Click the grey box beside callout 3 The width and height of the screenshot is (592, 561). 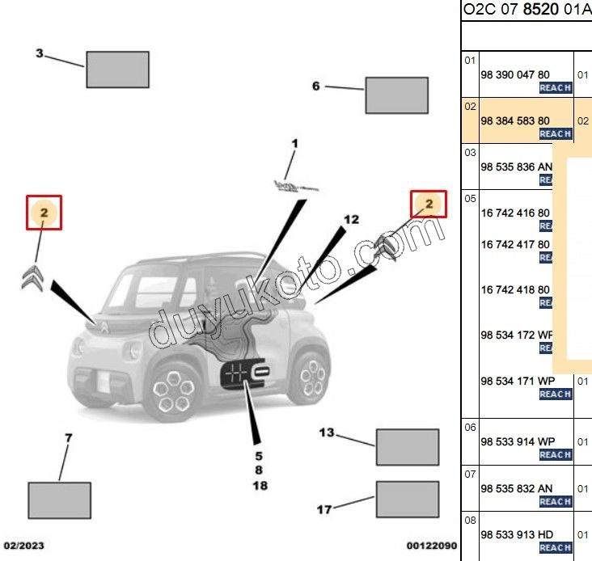pyautogui.click(x=117, y=70)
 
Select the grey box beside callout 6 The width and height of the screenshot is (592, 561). pyautogui.click(x=396, y=95)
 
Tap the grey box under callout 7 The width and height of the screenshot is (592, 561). pyautogui.click(x=59, y=500)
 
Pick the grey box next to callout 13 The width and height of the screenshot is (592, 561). pyautogui.click(x=407, y=448)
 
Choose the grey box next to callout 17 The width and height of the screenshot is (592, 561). pyautogui.click(x=407, y=500)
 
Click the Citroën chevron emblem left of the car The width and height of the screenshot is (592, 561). pyautogui.click(x=32, y=277)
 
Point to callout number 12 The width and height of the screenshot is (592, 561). pyautogui.click(x=350, y=219)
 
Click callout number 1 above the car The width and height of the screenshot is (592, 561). pyautogui.click(x=294, y=144)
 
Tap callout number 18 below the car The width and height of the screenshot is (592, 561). pyautogui.click(x=260, y=486)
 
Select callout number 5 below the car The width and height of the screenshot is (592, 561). pyautogui.click(x=260, y=454)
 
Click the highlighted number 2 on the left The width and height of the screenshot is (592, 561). pyautogui.click(x=44, y=213)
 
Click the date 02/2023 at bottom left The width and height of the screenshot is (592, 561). pyautogui.click(x=23, y=546)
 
